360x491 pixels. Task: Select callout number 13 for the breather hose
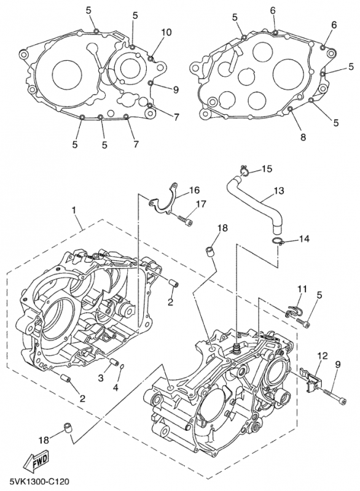[278, 190]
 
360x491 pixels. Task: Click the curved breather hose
[254, 204]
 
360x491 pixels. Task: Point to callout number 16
[194, 190]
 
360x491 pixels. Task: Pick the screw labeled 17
[186, 220]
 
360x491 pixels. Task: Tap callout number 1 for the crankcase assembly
[74, 210]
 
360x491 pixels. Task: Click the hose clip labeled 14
[278, 241]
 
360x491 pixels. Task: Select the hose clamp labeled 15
[244, 170]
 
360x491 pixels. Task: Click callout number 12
[323, 356]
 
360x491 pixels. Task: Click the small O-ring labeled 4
[123, 366]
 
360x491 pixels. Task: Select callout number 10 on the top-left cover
[166, 32]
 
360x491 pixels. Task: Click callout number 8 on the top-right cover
[303, 137]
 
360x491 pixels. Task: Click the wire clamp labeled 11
[294, 310]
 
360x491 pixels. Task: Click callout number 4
[115, 388]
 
